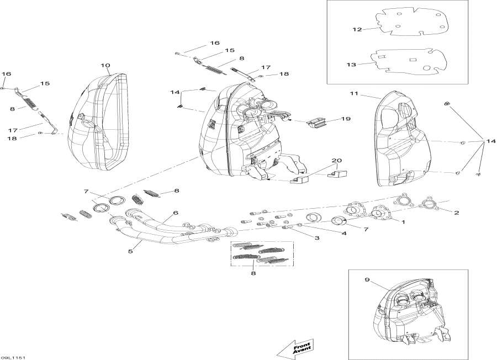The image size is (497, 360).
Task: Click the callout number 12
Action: [x=357, y=29]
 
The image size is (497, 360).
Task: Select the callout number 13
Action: [x=352, y=65]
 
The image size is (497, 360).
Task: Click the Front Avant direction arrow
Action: [x=295, y=346]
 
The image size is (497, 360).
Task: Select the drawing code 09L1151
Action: [x=13, y=357]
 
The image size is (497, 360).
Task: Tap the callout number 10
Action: [x=105, y=66]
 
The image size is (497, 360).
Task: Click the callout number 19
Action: [x=346, y=119]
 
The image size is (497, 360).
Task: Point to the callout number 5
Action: [x=131, y=251]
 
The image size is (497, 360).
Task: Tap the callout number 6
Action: [x=175, y=213]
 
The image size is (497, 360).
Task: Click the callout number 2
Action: [x=456, y=213]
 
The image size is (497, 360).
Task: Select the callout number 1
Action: [x=403, y=222]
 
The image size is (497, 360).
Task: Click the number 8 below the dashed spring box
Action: [x=253, y=272]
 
